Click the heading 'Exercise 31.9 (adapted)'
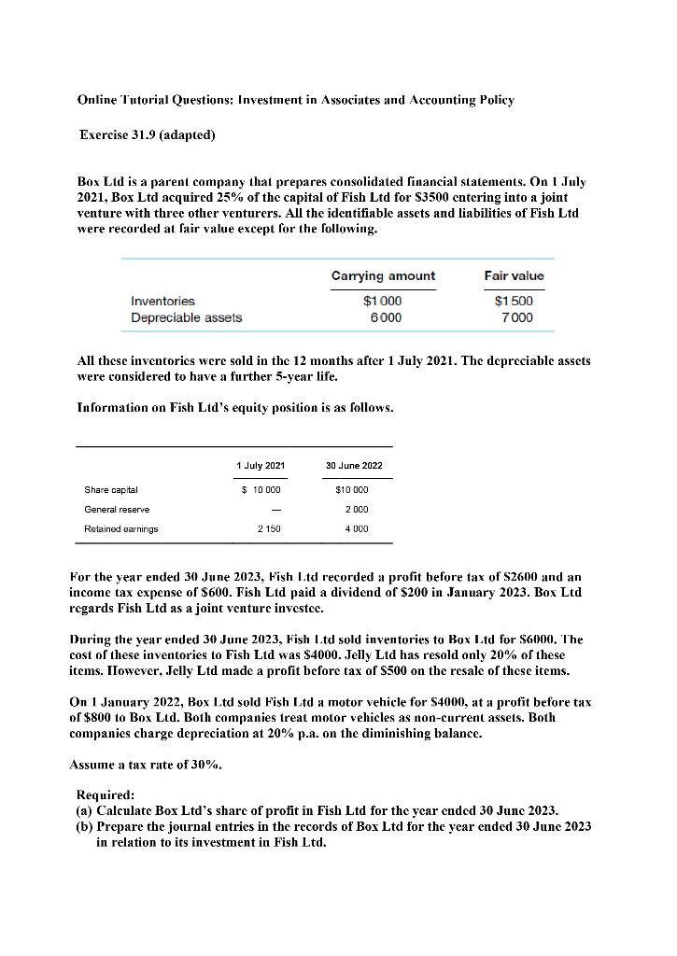(x=148, y=135)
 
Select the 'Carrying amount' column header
(x=383, y=275)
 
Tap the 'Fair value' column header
(x=514, y=275)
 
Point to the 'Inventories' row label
(x=162, y=301)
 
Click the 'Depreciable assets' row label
(x=186, y=317)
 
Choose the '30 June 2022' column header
(x=353, y=465)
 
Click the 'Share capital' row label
(x=111, y=490)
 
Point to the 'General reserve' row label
(x=117, y=510)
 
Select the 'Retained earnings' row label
(x=121, y=529)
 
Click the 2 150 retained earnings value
(x=267, y=529)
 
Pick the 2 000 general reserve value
(x=359, y=510)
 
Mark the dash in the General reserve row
(x=267, y=510)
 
